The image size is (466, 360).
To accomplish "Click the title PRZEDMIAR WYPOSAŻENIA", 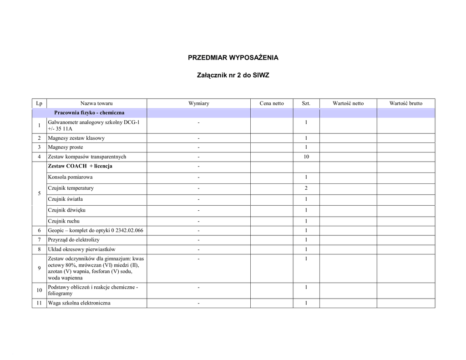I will tap(233, 58).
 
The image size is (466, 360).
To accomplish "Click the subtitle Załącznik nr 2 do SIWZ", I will tap(233, 75).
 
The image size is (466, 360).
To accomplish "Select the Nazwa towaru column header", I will tap(96, 103).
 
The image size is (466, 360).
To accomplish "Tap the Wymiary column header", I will tap(198, 103).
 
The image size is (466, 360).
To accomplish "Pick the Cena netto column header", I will tap(272, 103).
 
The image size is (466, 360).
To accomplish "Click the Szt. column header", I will tap(306, 103).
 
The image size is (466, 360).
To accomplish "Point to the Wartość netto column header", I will tap(348, 103).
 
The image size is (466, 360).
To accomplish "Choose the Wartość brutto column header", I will tap(405, 103).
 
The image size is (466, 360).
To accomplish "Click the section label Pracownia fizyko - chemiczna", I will tap(89, 112).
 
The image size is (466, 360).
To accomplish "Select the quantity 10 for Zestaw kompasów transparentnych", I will tap(306, 157).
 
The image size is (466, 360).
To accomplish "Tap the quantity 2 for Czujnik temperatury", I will tap(306, 188).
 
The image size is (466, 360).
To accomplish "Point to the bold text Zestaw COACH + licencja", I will tap(80, 166).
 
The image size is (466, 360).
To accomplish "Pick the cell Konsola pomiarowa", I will tap(70, 177).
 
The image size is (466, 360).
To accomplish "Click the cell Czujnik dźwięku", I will tap(66, 210).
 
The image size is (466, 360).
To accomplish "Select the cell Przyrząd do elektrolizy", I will tap(74, 239).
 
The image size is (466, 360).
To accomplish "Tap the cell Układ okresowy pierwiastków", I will tap(81, 249).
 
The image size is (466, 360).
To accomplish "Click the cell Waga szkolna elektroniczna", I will tap(79, 303).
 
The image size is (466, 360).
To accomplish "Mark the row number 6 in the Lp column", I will tap(40, 230).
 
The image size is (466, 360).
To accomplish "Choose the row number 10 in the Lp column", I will tap(40, 290).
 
